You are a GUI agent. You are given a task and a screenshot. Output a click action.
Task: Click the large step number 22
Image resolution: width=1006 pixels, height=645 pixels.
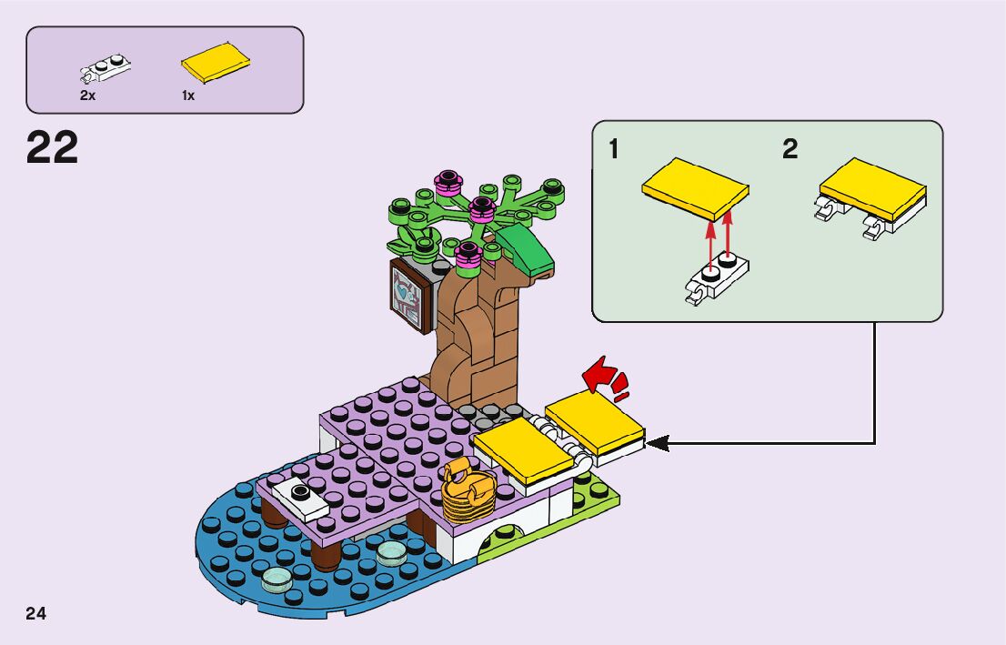pyautogui.click(x=53, y=148)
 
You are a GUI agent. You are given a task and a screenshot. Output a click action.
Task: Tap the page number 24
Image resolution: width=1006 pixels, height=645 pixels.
pyautogui.click(x=36, y=613)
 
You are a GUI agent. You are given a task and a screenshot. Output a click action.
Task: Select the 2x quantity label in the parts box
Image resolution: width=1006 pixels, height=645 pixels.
pyautogui.click(x=88, y=96)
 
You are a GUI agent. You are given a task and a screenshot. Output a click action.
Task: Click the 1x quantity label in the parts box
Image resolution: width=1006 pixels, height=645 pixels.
pyautogui.click(x=188, y=96)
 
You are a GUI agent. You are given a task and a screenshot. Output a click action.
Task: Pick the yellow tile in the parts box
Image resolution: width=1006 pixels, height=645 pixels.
pyautogui.click(x=216, y=63)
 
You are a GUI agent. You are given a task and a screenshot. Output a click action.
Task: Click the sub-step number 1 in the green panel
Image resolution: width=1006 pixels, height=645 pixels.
pyautogui.click(x=614, y=149)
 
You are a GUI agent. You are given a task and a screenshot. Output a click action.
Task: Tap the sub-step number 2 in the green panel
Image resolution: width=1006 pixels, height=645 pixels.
pyautogui.click(x=790, y=149)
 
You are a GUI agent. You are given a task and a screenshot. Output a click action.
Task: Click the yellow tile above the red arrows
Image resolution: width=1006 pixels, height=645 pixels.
pyautogui.click(x=695, y=189)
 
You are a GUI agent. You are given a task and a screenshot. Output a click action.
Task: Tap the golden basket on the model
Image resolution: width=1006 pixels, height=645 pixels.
pyautogui.click(x=468, y=492)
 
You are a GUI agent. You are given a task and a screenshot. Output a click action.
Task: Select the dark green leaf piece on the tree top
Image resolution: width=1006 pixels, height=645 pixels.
pyautogui.click(x=526, y=247)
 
